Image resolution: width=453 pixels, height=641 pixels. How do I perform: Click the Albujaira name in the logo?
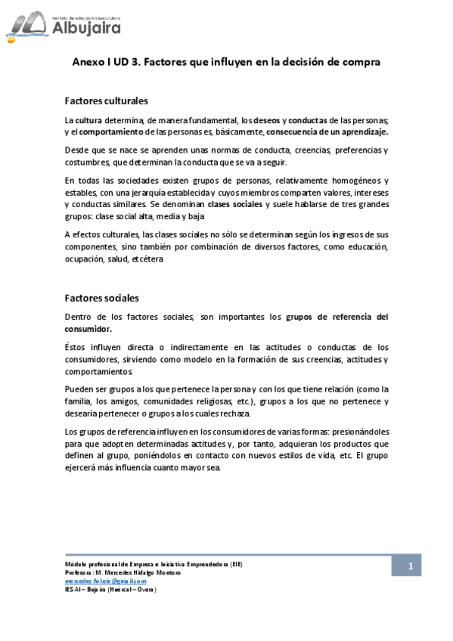click(88, 28)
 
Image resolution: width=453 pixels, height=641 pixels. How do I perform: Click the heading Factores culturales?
click(106, 101)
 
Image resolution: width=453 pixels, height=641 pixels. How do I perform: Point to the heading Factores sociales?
click(101, 298)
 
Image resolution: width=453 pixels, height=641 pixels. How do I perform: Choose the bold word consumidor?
click(88, 329)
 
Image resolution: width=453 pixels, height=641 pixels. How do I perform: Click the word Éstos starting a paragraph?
click(77, 348)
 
